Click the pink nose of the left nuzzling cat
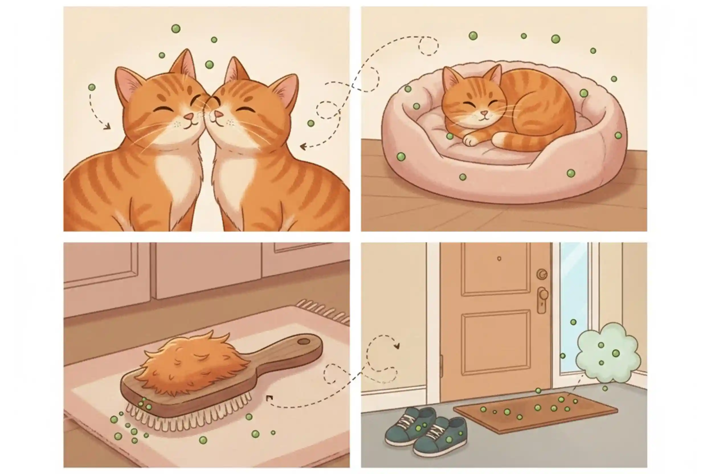tap(189, 117)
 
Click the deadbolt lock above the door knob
tap(542, 274)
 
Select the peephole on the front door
tap(499, 258)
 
